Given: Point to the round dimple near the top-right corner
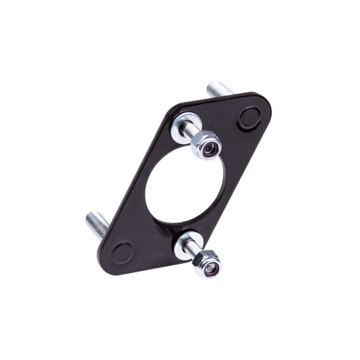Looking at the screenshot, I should [249, 117].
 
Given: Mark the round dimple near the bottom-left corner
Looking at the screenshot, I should [122, 252].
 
